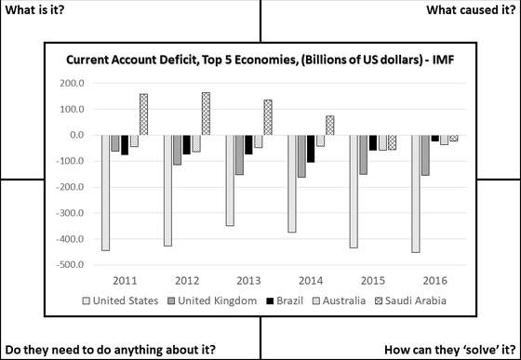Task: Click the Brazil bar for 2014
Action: [310, 148]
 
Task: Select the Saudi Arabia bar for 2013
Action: [268, 117]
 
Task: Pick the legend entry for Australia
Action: [344, 300]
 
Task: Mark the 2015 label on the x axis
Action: [371, 279]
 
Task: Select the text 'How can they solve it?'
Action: [456, 350]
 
